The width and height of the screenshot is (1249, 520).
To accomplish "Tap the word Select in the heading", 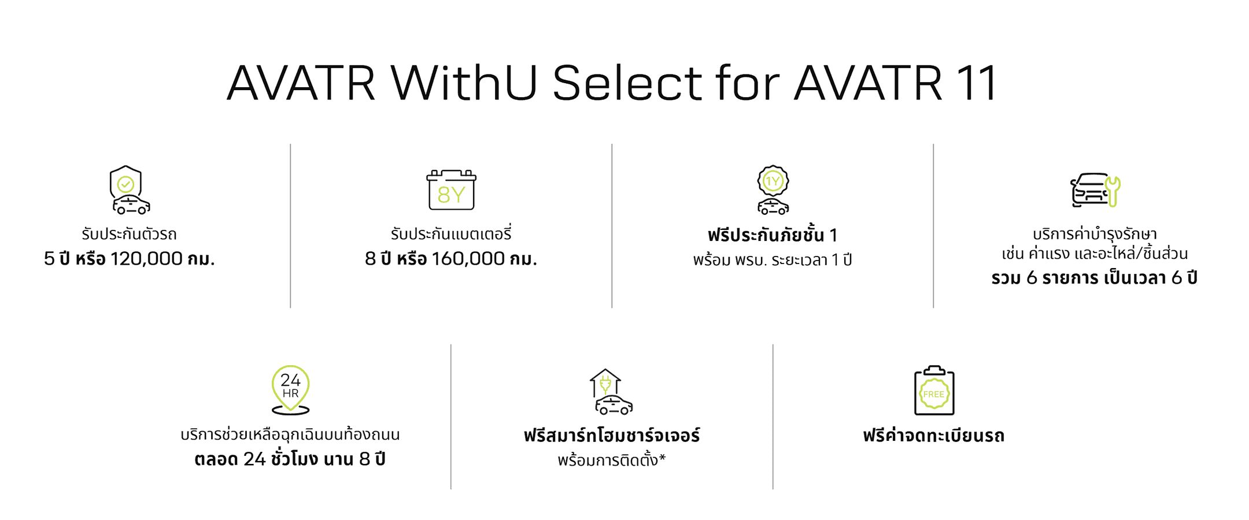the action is click(627, 82).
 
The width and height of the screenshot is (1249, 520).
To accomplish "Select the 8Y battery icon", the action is click(451, 190).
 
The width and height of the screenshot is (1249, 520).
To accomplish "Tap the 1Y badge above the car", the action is click(773, 181).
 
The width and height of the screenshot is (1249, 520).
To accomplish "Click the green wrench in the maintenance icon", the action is click(1113, 191).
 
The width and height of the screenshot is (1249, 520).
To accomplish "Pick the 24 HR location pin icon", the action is click(290, 390).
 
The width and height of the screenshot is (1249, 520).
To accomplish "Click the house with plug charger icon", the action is click(611, 392).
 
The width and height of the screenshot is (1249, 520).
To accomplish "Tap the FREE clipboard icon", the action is click(934, 391).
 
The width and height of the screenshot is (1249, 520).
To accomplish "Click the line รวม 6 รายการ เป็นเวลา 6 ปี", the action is click(1094, 278).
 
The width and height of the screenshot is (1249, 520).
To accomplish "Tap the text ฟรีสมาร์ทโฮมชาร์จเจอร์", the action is click(612, 435).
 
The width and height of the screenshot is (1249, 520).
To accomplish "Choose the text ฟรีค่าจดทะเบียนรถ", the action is click(934, 435).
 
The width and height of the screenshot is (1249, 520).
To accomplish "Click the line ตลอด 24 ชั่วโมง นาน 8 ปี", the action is click(290, 459).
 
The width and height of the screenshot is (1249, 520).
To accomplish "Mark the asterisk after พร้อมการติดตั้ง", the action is click(662, 458).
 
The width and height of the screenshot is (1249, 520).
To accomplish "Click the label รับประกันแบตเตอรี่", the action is click(451, 233).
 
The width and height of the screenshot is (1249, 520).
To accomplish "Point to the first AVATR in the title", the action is click(301, 82).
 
